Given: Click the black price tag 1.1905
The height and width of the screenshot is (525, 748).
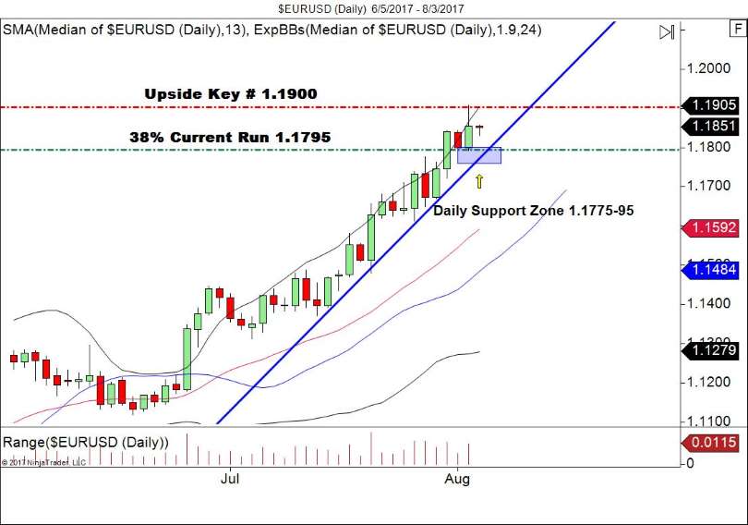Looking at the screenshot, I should tap(712, 105).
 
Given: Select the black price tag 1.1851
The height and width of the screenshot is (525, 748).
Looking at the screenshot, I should tap(712, 127).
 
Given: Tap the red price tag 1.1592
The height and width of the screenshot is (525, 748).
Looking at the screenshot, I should tap(712, 227).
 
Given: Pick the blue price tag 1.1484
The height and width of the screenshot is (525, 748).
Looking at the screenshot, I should tap(712, 269).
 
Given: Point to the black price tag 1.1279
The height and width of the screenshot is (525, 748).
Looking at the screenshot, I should tap(712, 349).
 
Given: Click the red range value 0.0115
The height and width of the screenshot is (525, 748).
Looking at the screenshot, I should tap(712, 445).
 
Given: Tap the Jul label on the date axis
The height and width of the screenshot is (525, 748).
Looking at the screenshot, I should tap(230, 479).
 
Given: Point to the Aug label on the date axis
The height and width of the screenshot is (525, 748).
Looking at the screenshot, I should tap(457, 479).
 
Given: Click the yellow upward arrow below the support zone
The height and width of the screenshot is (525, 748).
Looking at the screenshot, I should tap(479, 181).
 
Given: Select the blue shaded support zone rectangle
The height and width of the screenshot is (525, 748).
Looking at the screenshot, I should tap(479, 155).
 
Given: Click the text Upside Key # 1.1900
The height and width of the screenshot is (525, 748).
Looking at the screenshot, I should tap(231, 94).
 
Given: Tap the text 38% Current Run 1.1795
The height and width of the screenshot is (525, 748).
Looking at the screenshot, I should tap(230, 138).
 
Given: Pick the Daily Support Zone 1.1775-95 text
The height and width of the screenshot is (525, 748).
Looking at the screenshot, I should tap(534, 211).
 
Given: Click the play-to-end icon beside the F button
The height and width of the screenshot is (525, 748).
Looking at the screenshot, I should tap(667, 32).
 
